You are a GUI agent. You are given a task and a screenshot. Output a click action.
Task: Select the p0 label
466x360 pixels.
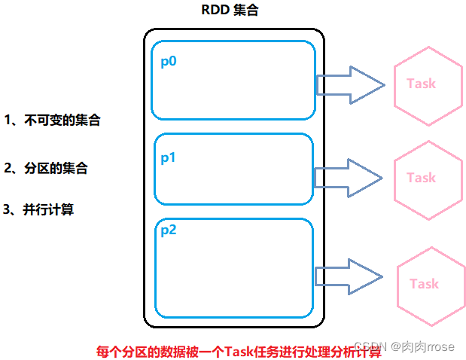[x=169, y=61]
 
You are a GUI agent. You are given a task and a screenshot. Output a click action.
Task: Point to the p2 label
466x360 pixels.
[x=169, y=230]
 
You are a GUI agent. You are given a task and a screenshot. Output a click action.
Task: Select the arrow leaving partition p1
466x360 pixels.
[x=348, y=177]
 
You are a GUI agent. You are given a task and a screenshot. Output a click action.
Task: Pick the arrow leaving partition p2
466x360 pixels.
[x=349, y=276]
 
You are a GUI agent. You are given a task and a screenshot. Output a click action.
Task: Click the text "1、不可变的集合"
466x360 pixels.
[x=52, y=121]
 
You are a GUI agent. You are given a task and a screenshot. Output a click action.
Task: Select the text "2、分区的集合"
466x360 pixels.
[x=46, y=169]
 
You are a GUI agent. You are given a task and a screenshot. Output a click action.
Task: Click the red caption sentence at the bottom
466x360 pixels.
[x=239, y=351]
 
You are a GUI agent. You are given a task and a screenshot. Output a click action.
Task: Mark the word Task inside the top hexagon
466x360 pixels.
[x=421, y=84]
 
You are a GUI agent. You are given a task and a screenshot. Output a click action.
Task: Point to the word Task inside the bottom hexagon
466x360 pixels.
[x=424, y=284]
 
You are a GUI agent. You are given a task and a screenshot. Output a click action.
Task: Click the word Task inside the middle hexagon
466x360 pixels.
[x=421, y=178]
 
